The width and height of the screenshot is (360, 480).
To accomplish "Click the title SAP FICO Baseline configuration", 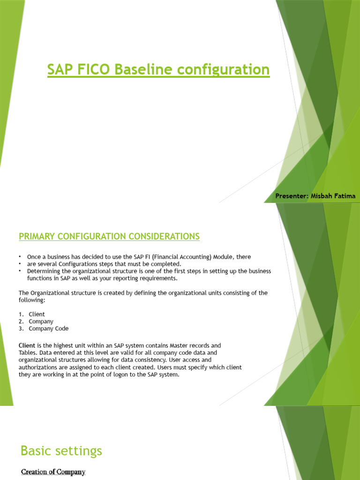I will pyautogui.click(x=158, y=70).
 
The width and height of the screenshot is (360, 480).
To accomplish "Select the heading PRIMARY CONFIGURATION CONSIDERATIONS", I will pyautogui.click(x=109, y=237).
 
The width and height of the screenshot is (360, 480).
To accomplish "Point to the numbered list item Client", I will pyautogui.click(x=37, y=314).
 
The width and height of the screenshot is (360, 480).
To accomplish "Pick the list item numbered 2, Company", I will pyautogui.click(x=41, y=322).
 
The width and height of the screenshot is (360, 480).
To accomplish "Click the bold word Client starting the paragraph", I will pyautogui.click(x=27, y=345).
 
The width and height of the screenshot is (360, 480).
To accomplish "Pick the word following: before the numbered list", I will pyautogui.click(x=31, y=300).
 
